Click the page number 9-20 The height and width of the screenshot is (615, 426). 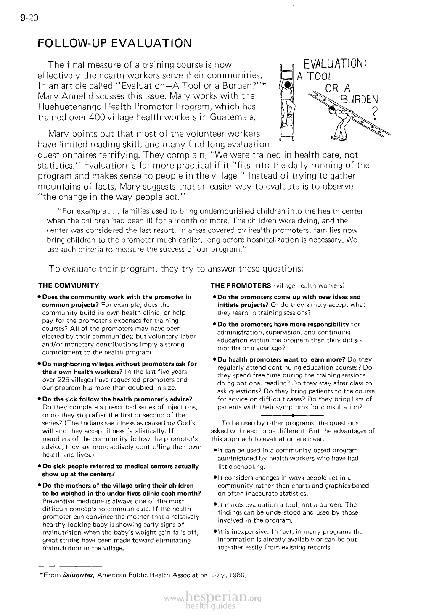tap(29, 18)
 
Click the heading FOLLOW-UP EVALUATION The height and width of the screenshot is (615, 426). tap(114, 43)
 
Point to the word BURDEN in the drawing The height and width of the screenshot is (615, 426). tap(359, 99)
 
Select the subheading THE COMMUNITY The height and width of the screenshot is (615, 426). tap(69, 285)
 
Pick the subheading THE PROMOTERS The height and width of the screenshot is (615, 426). tap(241, 285)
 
